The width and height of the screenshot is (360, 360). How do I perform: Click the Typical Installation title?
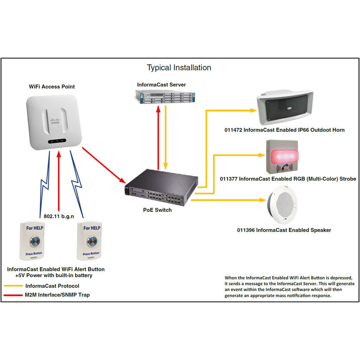tap(179, 68)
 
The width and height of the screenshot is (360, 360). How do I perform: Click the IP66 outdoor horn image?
tap(284, 109)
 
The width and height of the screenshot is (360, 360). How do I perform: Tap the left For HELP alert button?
tap(38, 241)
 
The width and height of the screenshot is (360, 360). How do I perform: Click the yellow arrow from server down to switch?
tap(166, 138)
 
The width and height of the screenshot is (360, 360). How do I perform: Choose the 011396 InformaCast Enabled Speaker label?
tap(284, 230)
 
